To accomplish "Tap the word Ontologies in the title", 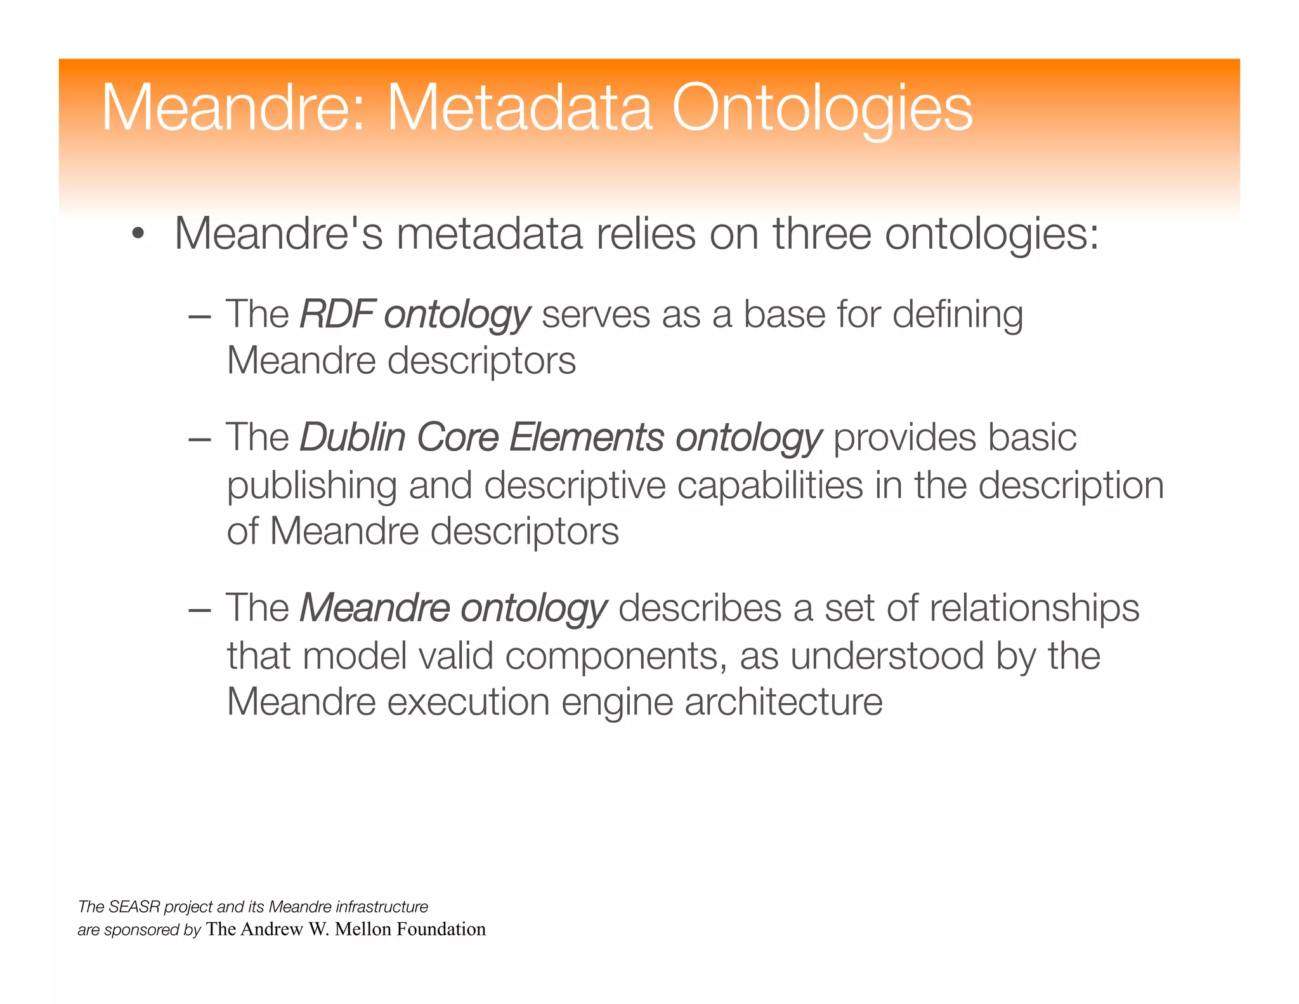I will coord(822,109).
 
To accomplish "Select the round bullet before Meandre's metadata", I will coord(138,235).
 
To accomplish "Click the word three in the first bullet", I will coord(822,234).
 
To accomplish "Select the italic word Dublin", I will coord(352,437).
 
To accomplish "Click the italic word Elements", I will coord(587,437).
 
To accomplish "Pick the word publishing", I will coord(311,486).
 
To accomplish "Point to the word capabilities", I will coord(769,485).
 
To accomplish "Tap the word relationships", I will coord(1035,609).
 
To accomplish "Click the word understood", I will coord(887,655).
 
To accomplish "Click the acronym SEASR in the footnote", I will coord(134,906).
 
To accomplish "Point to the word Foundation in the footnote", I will coord(441,929).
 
